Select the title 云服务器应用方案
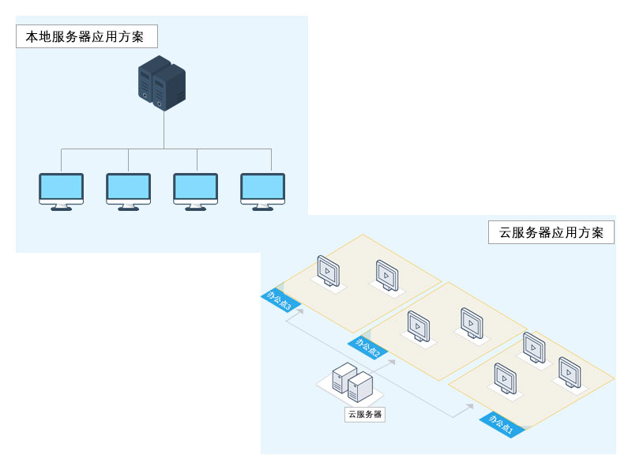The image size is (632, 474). [551, 232]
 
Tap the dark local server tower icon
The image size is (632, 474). [163, 82]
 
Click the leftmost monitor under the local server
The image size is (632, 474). [62, 190]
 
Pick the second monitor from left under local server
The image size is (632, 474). [128, 190]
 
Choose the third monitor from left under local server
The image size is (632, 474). [195, 190]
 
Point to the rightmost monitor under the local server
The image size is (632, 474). [262, 190]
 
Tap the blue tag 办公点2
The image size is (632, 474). [367, 347]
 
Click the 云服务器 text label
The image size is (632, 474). [365, 414]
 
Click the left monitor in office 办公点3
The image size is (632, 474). [327, 271]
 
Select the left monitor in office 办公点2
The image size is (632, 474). [418, 325]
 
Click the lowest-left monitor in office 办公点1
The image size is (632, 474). [505, 378]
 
